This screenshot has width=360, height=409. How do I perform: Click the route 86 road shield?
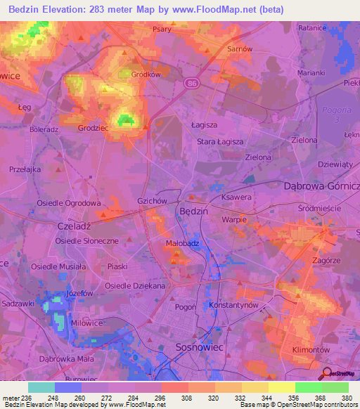click(191, 84)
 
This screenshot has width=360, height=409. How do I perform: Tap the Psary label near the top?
click(162, 30)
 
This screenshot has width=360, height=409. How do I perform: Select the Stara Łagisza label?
click(220, 141)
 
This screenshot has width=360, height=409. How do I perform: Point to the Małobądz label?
click(181, 244)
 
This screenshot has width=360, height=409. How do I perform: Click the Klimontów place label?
click(311, 349)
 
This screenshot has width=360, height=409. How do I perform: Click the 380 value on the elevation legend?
click(347, 397)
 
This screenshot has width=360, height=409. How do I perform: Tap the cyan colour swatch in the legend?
click(41, 387)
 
